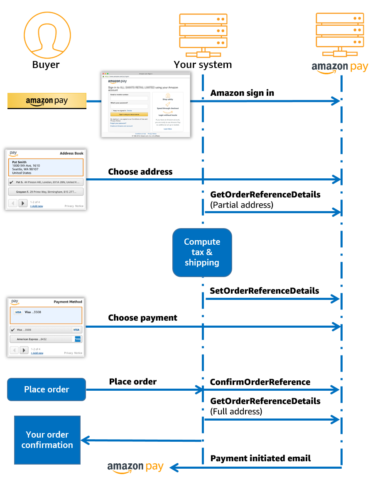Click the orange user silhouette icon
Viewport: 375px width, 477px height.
(x=47, y=35)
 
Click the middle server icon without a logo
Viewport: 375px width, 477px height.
(x=203, y=35)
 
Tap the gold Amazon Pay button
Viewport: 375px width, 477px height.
(x=47, y=101)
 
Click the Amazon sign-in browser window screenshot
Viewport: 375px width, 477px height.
(x=146, y=105)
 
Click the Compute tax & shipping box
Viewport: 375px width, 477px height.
(x=202, y=252)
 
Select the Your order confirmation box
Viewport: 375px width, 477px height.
(x=47, y=440)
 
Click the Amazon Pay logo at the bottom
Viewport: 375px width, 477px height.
(x=135, y=467)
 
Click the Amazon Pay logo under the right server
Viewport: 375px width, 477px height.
(x=340, y=67)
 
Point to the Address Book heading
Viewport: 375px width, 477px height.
(x=71, y=153)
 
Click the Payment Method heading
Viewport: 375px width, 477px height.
(x=68, y=302)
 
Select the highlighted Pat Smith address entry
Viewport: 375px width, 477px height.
(x=46, y=167)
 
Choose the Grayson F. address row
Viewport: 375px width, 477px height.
(x=46, y=192)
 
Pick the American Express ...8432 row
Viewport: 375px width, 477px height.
(x=46, y=339)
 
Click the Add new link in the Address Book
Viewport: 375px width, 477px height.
(x=36, y=206)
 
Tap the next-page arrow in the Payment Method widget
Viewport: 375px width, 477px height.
(x=24, y=350)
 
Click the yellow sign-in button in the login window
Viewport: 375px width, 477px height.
(x=129, y=114)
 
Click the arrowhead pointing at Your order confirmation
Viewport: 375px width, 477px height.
(x=84, y=440)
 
